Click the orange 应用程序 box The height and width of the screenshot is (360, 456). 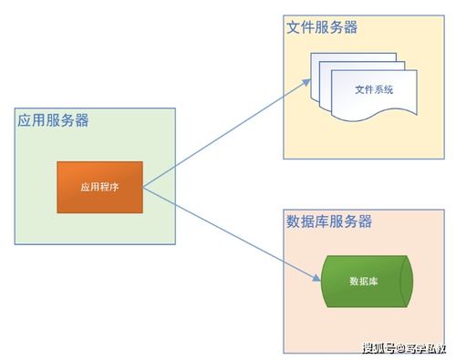[100, 187]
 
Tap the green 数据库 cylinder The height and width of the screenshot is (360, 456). [365, 281]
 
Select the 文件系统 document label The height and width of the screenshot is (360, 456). [375, 89]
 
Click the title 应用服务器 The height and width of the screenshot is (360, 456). [53, 120]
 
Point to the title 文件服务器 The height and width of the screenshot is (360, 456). [322, 26]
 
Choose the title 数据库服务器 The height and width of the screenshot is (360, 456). [329, 221]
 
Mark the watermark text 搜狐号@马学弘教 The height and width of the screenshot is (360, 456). [404, 347]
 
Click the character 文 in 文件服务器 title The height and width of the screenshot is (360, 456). [294, 26]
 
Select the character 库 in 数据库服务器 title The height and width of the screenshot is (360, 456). [322, 221]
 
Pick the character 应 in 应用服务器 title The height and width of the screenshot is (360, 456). [25, 120]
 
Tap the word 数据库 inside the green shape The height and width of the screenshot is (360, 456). [364, 281]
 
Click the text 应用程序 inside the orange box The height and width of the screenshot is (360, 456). [99, 187]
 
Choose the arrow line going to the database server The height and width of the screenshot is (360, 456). [233, 231]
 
